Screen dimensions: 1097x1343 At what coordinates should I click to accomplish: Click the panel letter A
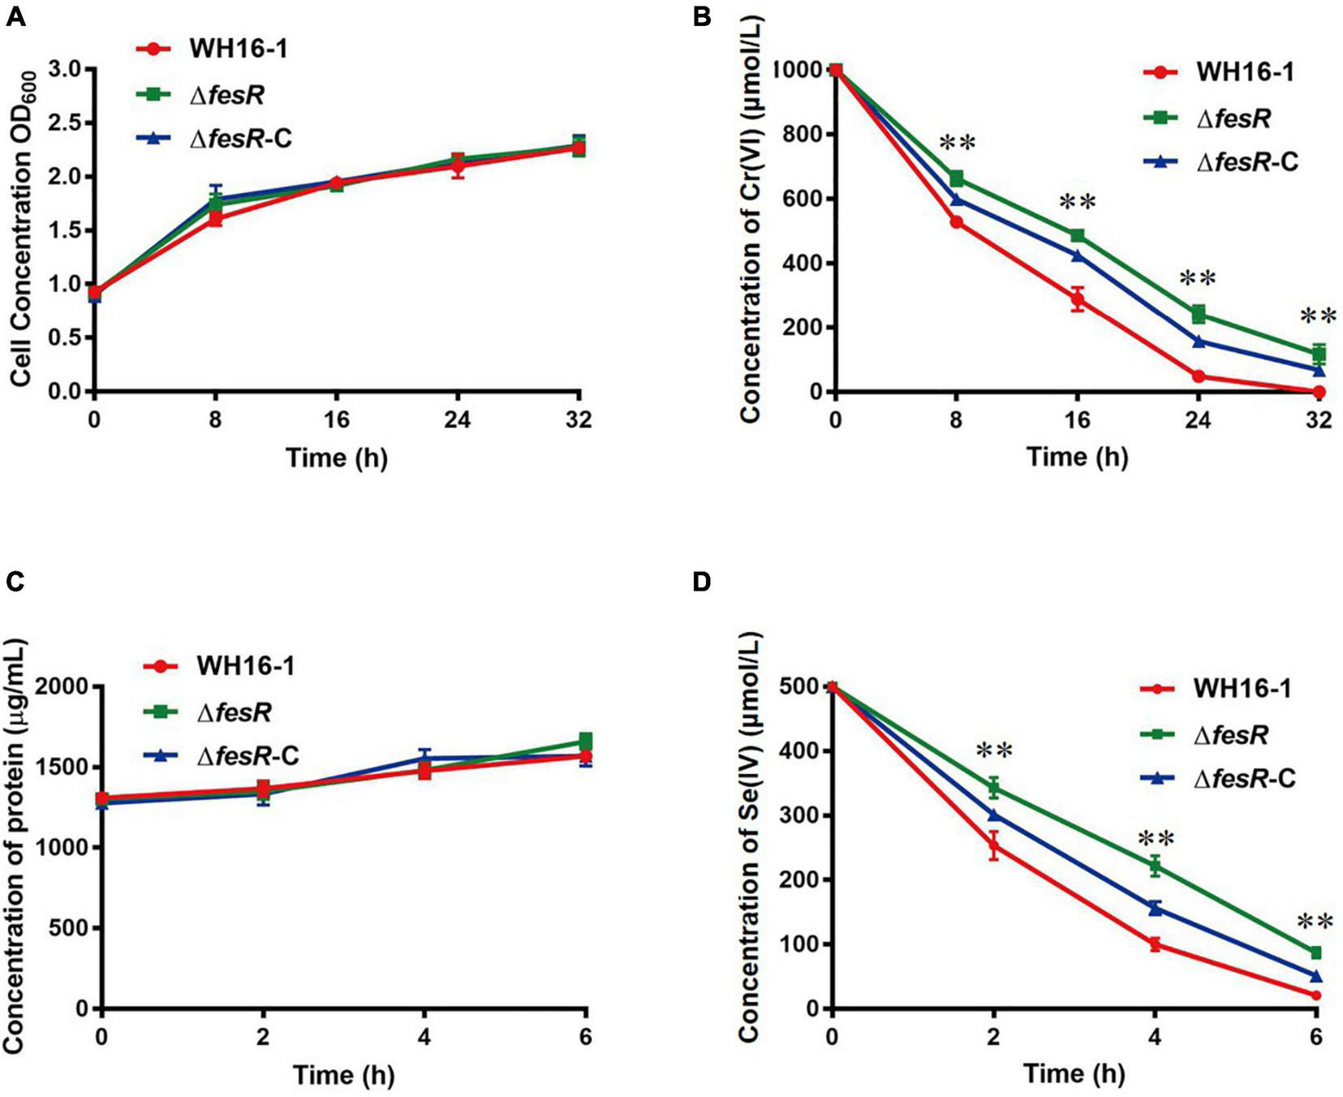coord(15,17)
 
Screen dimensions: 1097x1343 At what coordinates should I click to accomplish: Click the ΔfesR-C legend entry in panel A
coord(240,139)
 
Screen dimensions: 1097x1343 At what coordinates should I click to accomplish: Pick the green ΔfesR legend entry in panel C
coord(235,712)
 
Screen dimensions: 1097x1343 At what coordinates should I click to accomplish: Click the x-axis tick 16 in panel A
coord(337,419)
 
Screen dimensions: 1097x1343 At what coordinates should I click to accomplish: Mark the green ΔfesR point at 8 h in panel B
coord(957,178)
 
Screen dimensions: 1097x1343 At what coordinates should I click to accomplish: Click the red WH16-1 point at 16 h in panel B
coord(1078,299)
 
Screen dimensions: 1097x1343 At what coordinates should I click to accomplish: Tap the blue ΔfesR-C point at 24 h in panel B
coord(1199,342)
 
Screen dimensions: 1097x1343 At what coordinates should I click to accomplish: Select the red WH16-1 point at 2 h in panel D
coord(993,846)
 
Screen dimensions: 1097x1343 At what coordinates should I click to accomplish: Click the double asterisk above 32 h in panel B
coord(1318,316)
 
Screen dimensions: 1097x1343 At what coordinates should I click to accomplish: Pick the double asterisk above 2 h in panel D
coord(994,751)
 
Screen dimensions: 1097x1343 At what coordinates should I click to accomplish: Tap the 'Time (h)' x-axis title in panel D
coord(1074,1074)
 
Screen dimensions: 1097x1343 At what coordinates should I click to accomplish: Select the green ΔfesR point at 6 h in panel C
coord(585,740)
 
